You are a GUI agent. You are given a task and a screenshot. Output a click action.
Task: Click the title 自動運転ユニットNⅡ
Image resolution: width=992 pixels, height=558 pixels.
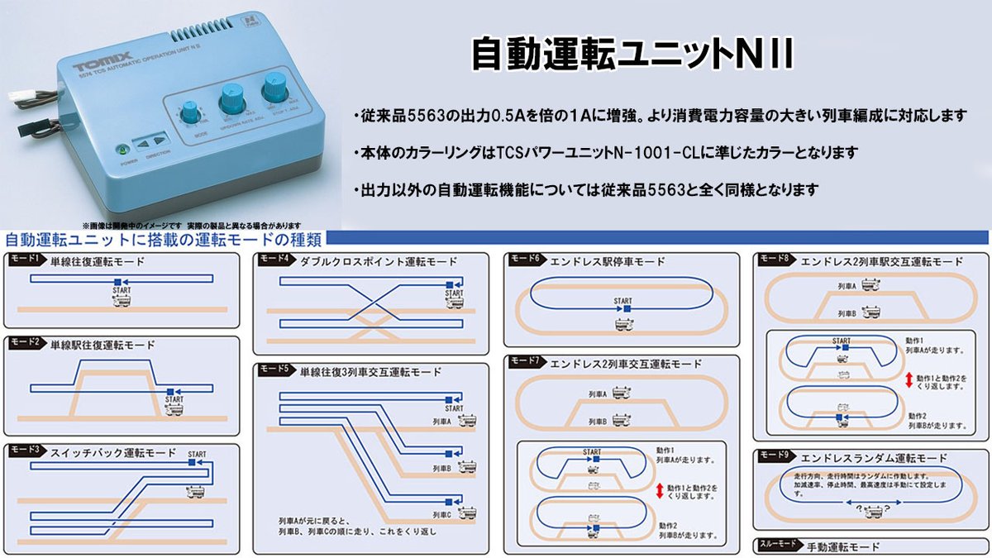pos(632,54)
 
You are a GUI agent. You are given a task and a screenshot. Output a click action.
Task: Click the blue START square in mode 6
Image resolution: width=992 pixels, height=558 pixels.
pos(627,309)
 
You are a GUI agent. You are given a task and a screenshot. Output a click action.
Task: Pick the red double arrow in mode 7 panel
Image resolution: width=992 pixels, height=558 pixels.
pos(659,491)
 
